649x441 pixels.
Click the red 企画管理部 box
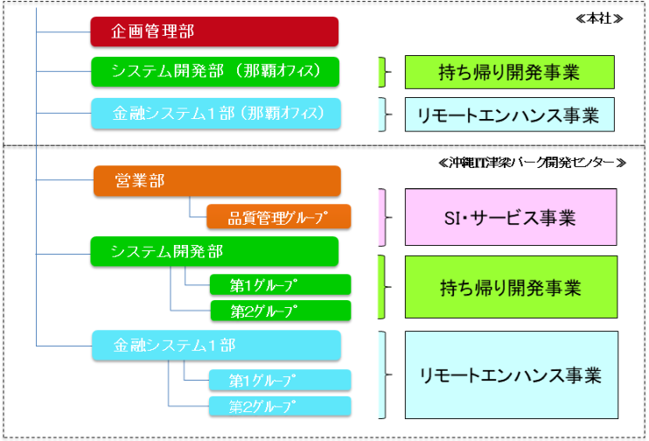(214, 31)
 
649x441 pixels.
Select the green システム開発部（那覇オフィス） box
(214, 72)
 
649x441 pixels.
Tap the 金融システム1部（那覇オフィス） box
(214, 113)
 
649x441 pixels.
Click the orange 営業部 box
(216, 181)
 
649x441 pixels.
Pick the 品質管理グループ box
(278, 217)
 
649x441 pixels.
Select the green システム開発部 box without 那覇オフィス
(214, 252)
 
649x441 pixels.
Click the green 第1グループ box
(280, 284)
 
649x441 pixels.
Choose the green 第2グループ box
(280, 311)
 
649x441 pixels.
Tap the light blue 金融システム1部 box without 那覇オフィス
(214, 346)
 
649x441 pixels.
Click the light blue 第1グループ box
(280, 380)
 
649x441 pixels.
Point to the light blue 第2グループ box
(280, 406)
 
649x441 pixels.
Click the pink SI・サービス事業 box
(510, 217)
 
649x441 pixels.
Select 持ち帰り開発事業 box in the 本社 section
(510, 72)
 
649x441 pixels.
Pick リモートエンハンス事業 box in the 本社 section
(510, 114)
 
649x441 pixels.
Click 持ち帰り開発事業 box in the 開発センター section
(510, 287)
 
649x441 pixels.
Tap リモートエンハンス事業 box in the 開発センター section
(510, 374)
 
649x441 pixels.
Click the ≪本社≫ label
(604, 18)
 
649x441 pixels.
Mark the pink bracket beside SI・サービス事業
(382, 217)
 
